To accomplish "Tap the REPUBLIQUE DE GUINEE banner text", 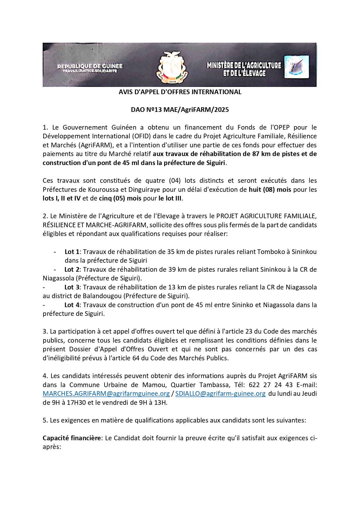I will point(90,67).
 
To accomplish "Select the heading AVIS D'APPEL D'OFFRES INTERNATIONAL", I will point(180,92).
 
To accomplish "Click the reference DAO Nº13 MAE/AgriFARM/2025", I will point(180,110).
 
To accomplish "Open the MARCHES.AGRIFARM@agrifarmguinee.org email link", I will point(106,394).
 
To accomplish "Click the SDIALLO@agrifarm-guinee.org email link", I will point(220,394).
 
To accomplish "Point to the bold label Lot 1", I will point(72,252).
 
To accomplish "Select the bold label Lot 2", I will point(72,270).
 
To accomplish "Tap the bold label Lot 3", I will point(72,287).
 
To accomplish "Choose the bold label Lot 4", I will point(72,305).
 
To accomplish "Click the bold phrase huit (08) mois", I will point(270,190).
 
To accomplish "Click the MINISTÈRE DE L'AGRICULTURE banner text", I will point(244,66).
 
